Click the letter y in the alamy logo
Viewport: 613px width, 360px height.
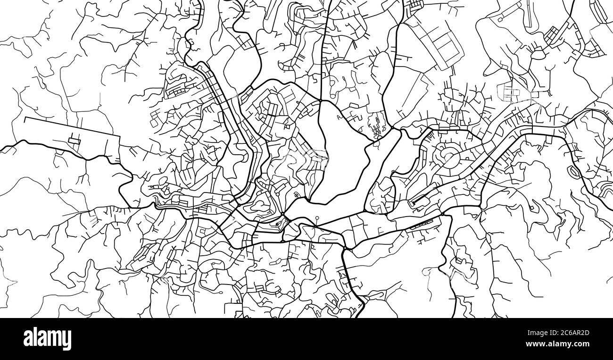[x=67, y=341]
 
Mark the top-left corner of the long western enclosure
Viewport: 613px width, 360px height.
[x=25, y=117]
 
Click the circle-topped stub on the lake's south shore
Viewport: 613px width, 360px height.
[x=317, y=218]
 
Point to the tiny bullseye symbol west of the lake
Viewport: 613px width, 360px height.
[x=296, y=194]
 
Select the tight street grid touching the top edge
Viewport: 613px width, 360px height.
[x=415, y=6]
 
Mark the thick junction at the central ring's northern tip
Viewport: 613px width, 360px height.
[x=320, y=100]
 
